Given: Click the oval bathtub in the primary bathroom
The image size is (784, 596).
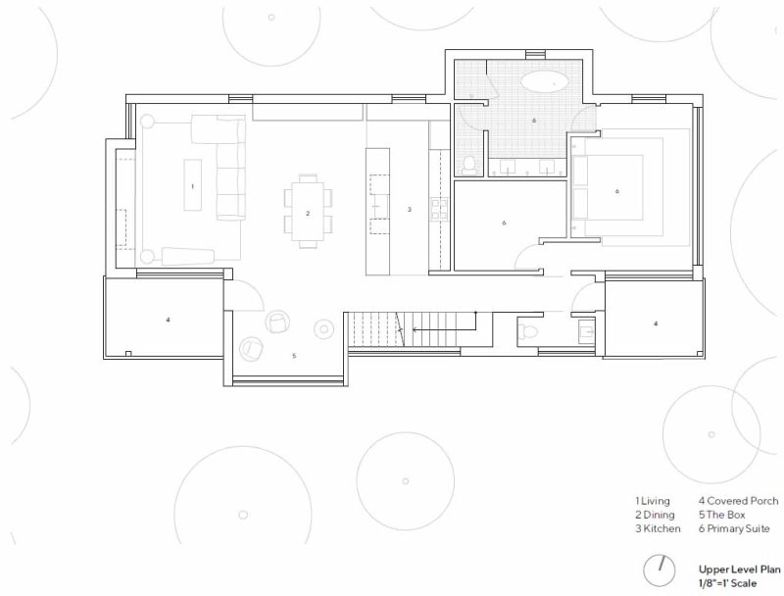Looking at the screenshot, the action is pyautogui.click(x=544, y=81).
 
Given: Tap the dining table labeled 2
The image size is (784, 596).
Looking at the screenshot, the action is pyautogui.click(x=308, y=211).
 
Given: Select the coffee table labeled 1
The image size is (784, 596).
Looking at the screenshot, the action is pyautogui.click(x=192, y=185).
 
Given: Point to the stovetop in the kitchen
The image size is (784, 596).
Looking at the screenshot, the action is pyautogui.click(x=438, y=209).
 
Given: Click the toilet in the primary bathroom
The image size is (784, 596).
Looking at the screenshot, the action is pyautogui.click(x=469, y=166).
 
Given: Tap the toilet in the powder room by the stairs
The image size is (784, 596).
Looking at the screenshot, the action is pyautogui.click(x=527, y=331).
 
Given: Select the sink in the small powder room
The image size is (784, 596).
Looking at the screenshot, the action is pyautogui.click(x=586, y=330).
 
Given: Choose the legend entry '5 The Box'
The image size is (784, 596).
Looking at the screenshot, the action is pyautogui.click(x=721, y=515).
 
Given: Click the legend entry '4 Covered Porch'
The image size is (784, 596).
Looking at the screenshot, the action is pyautogui.click(x=738, y=501).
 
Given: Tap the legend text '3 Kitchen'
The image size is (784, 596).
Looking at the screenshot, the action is pyautogui.click(x=658, y=529).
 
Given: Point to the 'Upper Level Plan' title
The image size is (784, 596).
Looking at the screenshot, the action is pyautogui.click(x=739, y=570).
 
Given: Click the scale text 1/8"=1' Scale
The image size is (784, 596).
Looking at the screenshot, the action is pyautogui.click(x=727, y=583).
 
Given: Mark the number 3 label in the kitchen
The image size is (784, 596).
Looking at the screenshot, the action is pyautogui.click(x=409, y=210).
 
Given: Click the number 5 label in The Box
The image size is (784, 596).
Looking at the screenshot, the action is pyautogui.click(x=294, y=356).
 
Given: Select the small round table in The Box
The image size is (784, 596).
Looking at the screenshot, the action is pyautogui.click(x=324, y=329).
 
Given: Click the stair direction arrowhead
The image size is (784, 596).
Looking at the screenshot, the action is pyautogui.click(x=415, y=330).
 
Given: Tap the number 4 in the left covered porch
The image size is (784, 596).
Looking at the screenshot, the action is pyautogui.click(x=168, y=320).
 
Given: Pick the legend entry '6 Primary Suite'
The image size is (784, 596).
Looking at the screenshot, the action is pyautogui.click(x=734, y=529).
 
